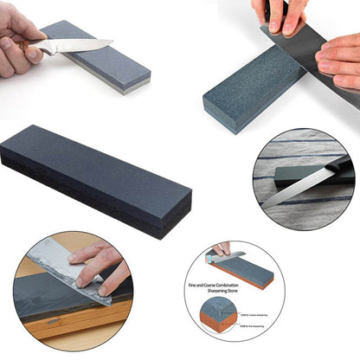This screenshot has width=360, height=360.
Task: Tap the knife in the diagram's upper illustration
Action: pyautogui.click(x=228, y=256)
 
